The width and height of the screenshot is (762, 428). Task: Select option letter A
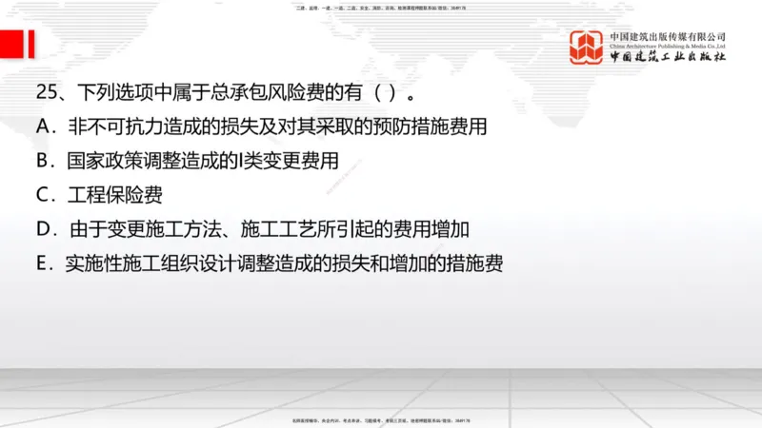44,127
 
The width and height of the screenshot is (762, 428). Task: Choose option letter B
43,161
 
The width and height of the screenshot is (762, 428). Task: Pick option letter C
44,195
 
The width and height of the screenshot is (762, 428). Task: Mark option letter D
44,229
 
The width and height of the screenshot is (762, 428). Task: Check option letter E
43,263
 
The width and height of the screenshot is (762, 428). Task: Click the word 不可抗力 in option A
127,127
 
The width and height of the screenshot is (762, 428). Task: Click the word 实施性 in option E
95,263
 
